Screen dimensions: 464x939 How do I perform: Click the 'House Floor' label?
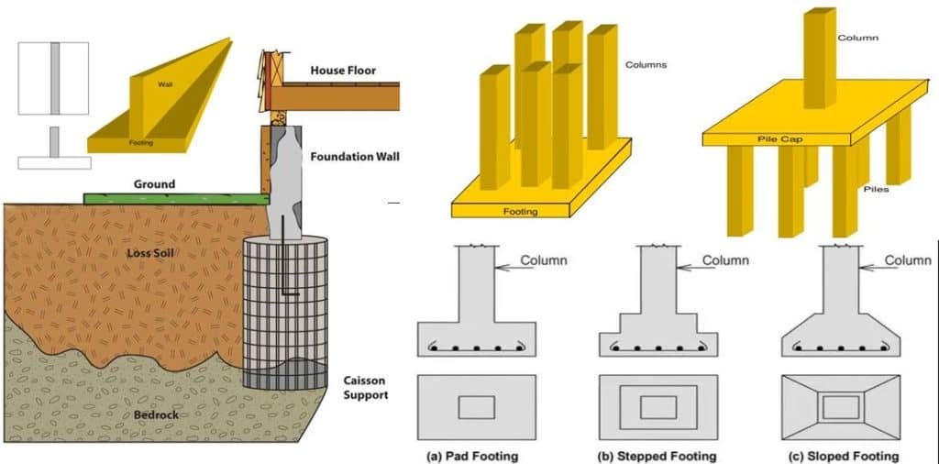[343, 71]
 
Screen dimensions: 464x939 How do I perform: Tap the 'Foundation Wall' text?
[354, 156]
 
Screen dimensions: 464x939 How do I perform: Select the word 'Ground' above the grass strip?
[153, 184]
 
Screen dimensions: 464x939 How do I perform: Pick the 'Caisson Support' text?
[365, 388]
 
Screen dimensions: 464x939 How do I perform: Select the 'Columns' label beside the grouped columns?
[646, 65]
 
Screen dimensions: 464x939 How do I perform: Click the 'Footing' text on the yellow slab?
[520, 212]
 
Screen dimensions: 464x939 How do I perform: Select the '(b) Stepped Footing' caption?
[656, 456]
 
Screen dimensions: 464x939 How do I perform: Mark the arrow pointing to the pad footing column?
[506, 266]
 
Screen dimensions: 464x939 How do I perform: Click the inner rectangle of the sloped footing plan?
[840, 407]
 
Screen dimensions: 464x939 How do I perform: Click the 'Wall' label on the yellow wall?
[165, 84]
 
